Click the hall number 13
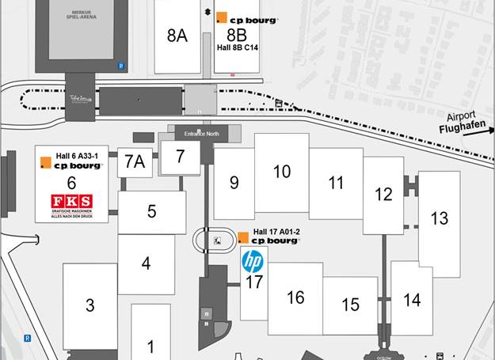(x=439, y=218)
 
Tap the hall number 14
(x=412, y=300)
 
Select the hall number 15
(x=351, y=305)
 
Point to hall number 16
(x=295, y=297)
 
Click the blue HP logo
(x=253, y=260)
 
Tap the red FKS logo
(x=71, y=201)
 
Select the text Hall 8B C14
(x=238, y=47)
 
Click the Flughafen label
(x=461, y=125)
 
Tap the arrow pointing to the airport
(x=475, y=132)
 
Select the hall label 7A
(x=135, y=162)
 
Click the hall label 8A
(x=177, y=36)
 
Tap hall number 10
(x=282, y=172)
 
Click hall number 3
(x=90, y=305)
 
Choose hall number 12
(x=383, y=194)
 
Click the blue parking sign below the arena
(x=120, y=66)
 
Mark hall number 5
(x=151, y=211)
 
